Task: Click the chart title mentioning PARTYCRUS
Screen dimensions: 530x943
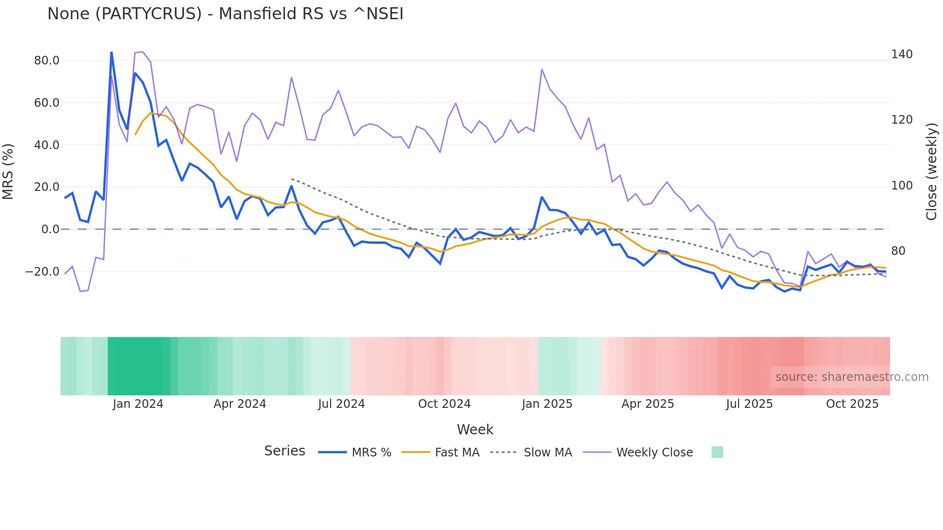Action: (225, 14)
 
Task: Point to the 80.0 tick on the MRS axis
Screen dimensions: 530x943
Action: (47, 61)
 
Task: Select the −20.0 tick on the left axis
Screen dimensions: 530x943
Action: (42, 272)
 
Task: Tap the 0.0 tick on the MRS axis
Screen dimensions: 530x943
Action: (50, 229)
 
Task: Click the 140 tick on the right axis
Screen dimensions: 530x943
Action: (902, 54)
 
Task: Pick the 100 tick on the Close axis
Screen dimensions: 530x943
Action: (902, 186)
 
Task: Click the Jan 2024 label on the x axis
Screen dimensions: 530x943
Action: (138, 404)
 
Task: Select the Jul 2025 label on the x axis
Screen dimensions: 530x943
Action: (749, 404)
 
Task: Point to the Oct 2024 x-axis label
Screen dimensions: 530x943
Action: (444, 404)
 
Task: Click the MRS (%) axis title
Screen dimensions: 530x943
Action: (8, 171)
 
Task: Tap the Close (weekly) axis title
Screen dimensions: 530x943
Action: (931, 171)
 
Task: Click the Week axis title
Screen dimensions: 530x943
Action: (475, 429)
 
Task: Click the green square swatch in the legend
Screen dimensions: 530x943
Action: (717, 452)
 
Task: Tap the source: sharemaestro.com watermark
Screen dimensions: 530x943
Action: (852, 377)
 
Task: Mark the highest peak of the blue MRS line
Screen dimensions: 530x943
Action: (112, 52)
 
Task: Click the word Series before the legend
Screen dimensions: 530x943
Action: (284, 451)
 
